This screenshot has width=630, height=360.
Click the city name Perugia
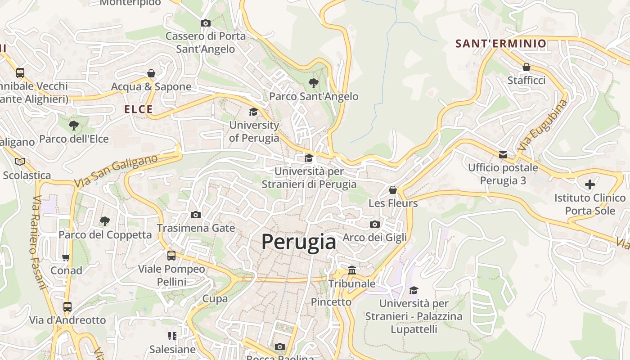[299, 242]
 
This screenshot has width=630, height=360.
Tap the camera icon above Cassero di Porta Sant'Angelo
[205, 23]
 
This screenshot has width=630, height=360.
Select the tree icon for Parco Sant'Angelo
[313, 83]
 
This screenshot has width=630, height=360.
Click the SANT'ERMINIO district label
[501, 44]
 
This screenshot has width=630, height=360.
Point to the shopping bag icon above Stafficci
[526, 67]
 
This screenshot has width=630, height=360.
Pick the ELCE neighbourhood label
[139, 109]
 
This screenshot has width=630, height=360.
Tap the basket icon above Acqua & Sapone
[151, 73]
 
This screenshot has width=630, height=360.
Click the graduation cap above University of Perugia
[254, 112]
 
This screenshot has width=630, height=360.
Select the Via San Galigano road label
[116, 171]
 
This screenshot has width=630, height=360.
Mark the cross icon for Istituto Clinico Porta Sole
[589, 184]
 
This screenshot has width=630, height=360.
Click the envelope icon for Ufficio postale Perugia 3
[503, 155]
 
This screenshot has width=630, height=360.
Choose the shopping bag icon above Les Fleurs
[393, 190]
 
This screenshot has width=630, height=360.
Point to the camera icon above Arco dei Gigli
[374, 224]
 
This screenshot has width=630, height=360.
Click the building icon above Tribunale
[352, 270]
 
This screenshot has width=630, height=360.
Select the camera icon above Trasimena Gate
[196, 215]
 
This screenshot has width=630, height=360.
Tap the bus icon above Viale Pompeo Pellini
[171, 256]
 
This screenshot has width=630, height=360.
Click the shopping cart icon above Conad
[66, 257]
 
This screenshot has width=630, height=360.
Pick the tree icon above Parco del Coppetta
[105, 221]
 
